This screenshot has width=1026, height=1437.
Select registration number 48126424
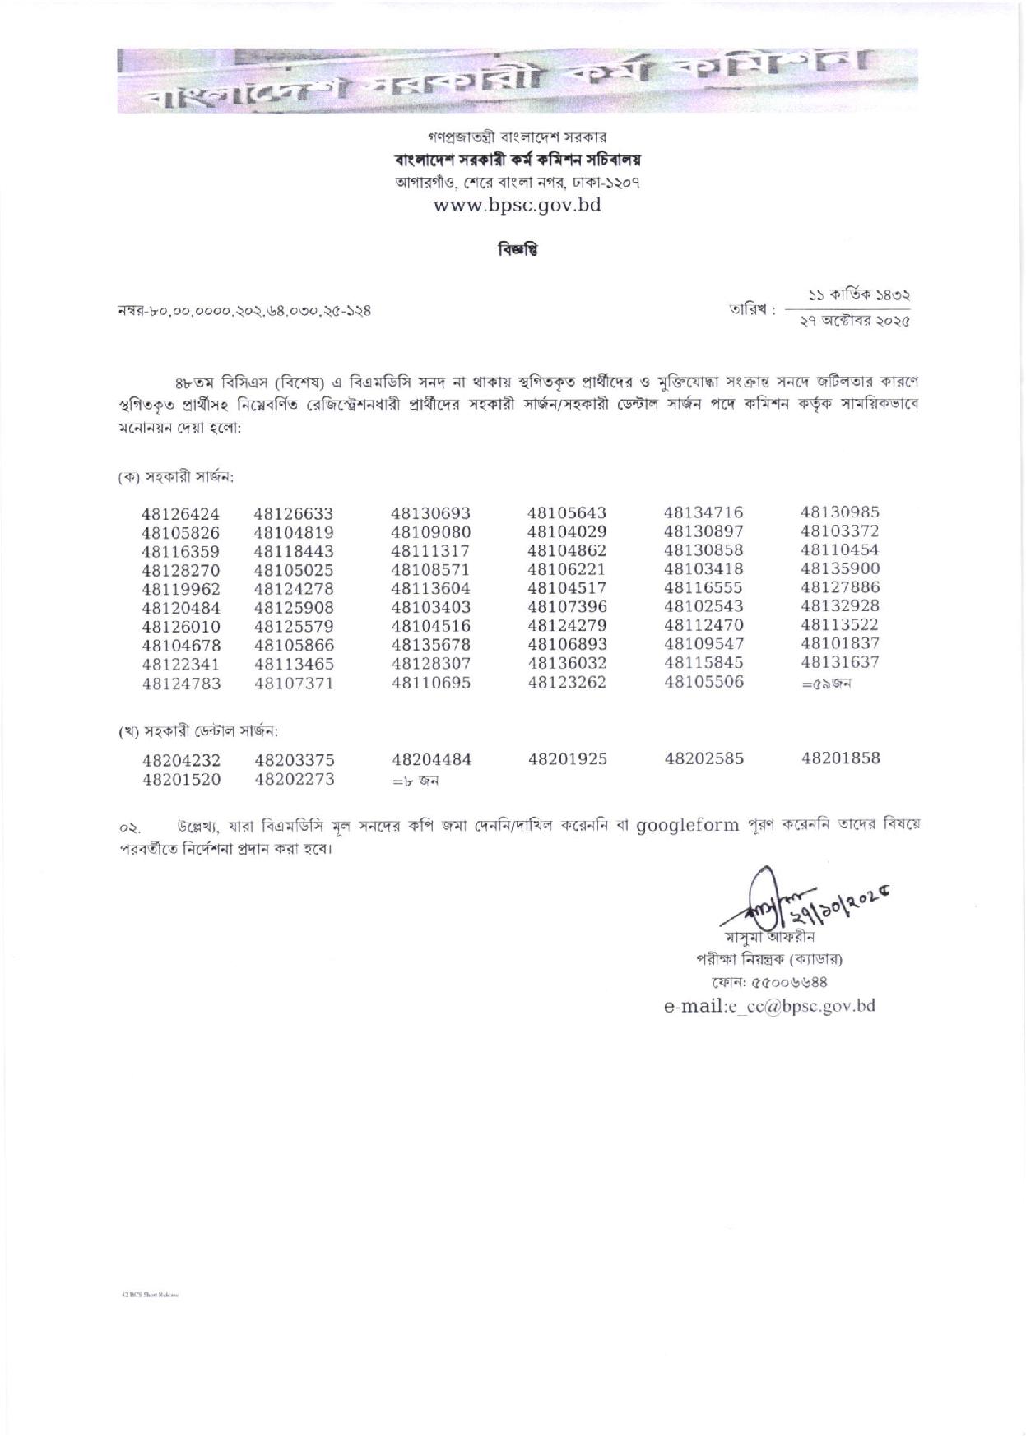180,515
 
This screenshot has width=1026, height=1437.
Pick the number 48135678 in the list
430,645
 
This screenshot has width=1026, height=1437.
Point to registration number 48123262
566,682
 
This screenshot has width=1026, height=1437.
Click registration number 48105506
703,682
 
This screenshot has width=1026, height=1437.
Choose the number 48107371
294,683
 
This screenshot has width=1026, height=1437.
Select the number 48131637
839,663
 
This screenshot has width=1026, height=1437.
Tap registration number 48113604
430,588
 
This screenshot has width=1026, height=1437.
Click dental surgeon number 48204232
180,762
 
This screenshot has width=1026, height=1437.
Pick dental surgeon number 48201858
840,759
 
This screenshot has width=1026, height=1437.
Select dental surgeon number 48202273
294,779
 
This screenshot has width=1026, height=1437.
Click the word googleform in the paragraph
687,825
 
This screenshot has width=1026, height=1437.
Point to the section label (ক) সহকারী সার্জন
176,477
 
